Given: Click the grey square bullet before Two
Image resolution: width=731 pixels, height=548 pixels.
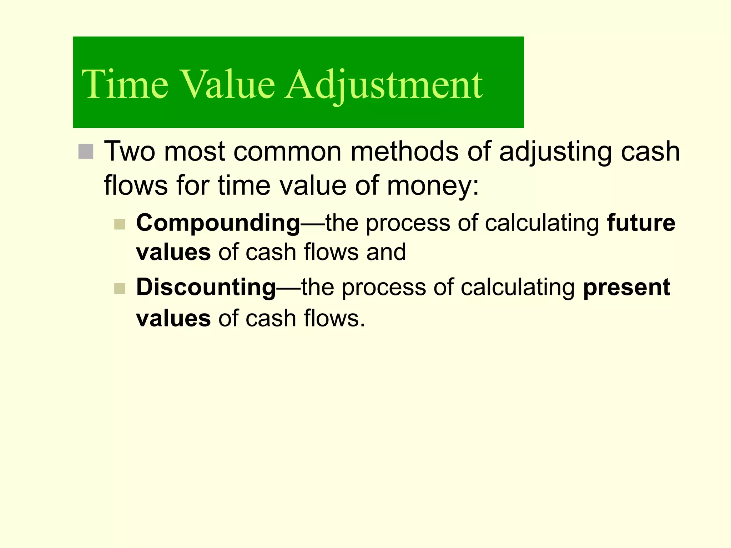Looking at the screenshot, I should point(86,152).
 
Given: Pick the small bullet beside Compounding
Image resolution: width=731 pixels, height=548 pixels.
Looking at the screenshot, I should point(120,224).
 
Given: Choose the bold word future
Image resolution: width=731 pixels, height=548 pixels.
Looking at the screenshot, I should point(641,223).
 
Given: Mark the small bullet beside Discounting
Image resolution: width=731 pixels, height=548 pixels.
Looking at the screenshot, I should point(120,288).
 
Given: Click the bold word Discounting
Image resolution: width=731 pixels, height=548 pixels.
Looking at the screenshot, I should point(206,288).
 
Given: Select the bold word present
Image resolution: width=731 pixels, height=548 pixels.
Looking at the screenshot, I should point(626,288).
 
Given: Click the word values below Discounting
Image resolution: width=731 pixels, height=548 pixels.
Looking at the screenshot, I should point(173,318).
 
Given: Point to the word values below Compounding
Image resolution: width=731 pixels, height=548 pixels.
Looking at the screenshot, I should point(173,252).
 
